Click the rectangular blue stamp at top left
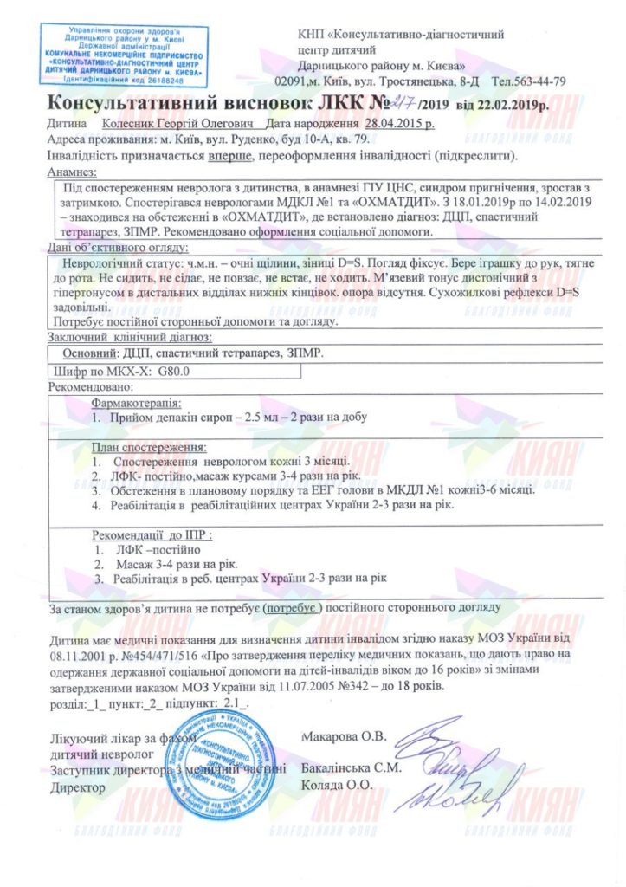pyautogui.click(x=130, y=55)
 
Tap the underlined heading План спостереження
pyautogui.click(x=149, y=448)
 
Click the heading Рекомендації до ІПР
pyautogui.click(x=152, y=534)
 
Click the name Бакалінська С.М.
pyautogui.click(x=351, y=768)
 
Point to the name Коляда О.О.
pyautogui.click(x=336, y=784)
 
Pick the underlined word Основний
pyautogui.click(x=89, y=353)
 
